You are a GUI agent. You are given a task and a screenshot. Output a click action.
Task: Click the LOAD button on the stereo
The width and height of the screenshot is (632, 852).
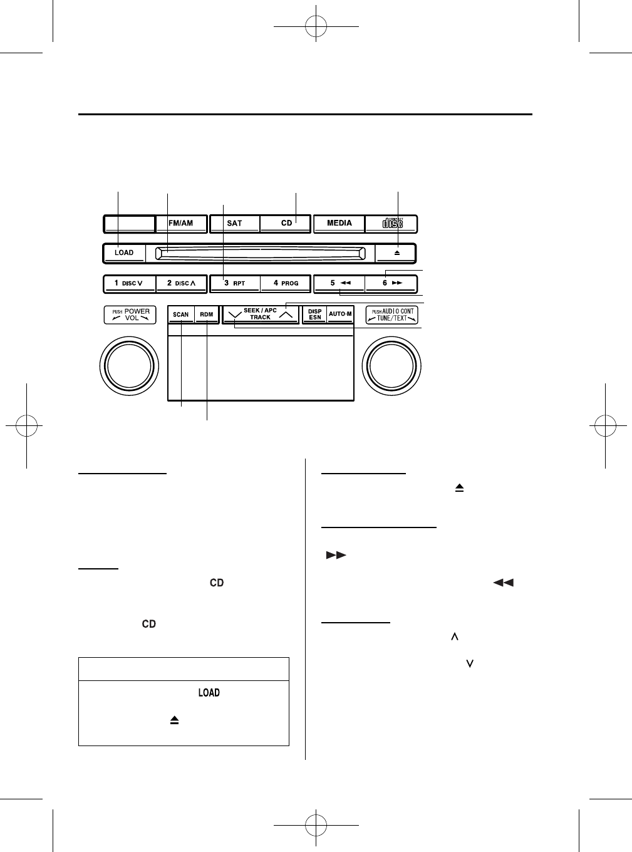pos(124,253)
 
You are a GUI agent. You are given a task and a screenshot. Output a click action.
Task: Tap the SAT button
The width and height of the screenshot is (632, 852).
pos(235,224)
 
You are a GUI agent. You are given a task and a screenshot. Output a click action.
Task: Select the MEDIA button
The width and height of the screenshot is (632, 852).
pos(339,224)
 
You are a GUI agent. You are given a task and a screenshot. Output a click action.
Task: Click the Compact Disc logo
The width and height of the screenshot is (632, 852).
pos(392,224)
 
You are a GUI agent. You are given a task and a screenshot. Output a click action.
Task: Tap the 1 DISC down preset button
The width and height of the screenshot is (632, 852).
pos(129,284)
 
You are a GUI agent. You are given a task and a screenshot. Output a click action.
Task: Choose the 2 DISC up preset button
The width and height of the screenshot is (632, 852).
pos(181,284)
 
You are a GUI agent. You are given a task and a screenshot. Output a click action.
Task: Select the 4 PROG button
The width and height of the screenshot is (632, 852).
pos(286,284)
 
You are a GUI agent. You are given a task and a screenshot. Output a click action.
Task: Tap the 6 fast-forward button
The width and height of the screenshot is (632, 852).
pos(391,284)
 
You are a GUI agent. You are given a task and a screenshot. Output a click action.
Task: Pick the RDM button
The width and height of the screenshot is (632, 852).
pos(207,314)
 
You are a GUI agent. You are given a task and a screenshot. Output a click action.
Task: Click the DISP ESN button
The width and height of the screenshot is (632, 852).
pos(315,314)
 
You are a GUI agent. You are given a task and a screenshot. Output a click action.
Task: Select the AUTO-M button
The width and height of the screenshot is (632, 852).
pos(340,314)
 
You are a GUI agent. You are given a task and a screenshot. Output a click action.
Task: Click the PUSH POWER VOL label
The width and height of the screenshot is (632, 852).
pos(130,314)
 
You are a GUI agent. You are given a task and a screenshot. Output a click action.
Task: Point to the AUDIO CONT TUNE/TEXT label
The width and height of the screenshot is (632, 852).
pos(392,314)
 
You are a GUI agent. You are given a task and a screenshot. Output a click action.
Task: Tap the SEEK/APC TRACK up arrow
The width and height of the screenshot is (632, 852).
pos(286,315)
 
